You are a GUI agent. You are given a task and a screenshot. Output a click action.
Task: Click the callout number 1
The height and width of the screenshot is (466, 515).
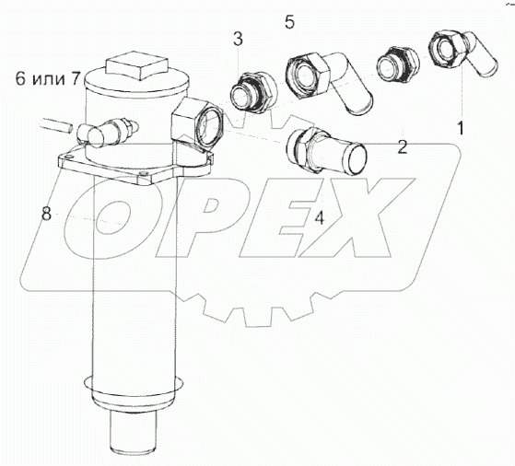[461, 128]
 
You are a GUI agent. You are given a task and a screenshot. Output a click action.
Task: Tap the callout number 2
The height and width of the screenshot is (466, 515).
[402, 146]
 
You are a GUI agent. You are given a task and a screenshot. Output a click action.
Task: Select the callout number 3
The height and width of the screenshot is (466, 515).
[238, 39]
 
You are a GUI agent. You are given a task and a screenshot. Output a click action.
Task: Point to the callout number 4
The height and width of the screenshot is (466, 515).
[319, 217]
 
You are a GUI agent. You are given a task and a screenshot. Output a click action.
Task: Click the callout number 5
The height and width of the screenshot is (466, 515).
[289, 22]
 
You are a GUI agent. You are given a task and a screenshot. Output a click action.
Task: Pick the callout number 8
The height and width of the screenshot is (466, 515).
[46, 215]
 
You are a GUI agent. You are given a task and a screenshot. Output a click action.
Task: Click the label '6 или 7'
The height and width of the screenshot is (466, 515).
[48, 79]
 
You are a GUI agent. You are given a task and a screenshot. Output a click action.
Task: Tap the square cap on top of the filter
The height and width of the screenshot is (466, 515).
[137, 65]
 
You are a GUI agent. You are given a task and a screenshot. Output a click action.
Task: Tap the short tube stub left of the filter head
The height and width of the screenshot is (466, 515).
[56, 125]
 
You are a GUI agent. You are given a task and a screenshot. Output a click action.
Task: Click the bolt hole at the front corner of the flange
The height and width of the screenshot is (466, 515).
[142, 173]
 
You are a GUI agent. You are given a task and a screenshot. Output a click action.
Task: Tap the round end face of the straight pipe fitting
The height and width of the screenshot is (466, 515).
[357, 159]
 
